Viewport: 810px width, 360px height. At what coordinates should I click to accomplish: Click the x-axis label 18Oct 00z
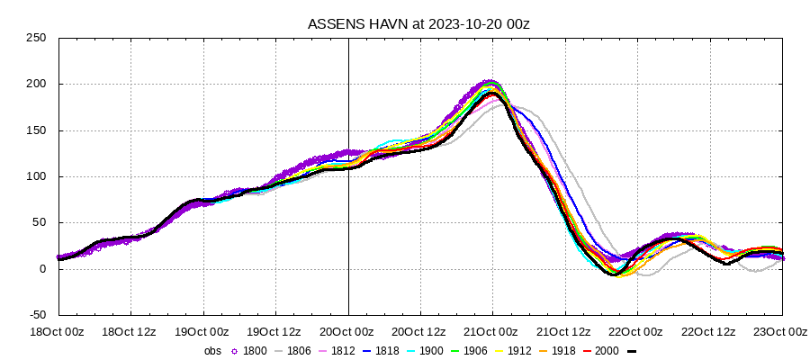[x=58, y=331]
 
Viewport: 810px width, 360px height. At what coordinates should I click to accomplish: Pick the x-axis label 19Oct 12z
[x=274, y=331]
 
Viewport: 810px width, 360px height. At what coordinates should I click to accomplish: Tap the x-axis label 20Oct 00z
[x=348, y=331]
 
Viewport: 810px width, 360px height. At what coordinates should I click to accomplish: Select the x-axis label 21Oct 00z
[x=492, y=331]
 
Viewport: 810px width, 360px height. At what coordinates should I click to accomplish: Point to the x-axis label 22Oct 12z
[x=709, y=331]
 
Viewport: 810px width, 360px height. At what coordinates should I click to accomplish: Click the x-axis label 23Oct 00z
[x=781, y=331]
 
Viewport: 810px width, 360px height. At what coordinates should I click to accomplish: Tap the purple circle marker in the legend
[x=235, y=350]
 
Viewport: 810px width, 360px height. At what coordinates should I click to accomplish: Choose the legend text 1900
[x=435, y=350]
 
